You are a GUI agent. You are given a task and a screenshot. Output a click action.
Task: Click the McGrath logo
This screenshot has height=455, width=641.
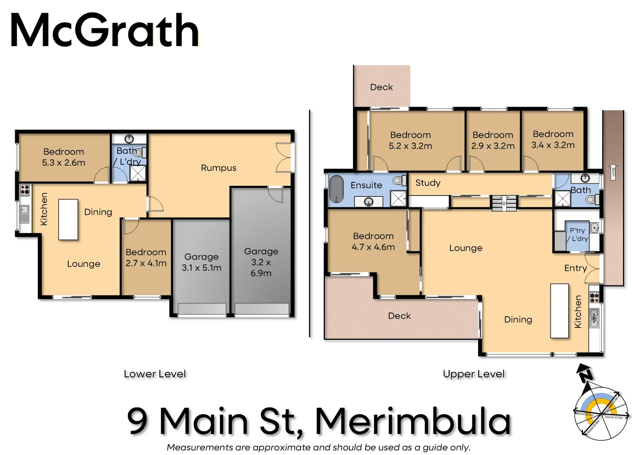tap(104, 30)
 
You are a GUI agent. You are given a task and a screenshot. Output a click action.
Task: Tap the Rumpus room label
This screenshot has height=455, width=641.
tap(218, 168)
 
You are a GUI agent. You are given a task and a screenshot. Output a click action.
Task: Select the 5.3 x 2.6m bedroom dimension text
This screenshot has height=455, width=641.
tap(64, 163)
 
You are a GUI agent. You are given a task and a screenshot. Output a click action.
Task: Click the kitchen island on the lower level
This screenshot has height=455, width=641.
tap(68, 219)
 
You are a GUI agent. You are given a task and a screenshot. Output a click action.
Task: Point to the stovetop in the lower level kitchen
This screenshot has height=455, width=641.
tap(25, 190)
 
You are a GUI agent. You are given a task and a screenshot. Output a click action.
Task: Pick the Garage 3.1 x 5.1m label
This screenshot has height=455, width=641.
tap(202, 262)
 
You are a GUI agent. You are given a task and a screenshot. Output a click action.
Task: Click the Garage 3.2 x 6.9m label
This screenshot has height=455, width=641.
tap(261, 262)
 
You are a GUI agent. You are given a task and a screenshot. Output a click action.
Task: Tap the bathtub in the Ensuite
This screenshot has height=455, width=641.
tap(337, 189)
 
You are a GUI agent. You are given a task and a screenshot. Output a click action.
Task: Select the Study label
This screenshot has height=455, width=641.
tap(428, 183)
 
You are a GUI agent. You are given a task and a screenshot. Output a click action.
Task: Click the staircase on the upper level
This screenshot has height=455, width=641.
tap(504, 203)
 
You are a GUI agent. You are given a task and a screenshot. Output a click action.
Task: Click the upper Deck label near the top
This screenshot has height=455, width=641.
tap(381, 87)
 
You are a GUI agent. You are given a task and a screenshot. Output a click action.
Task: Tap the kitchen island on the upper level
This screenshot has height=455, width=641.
tap(560, 311)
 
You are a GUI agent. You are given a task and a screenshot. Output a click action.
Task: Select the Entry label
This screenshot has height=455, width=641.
tap(575, 268)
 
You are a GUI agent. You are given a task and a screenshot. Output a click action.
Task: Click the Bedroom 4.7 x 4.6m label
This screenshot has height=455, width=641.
tap(373, 241)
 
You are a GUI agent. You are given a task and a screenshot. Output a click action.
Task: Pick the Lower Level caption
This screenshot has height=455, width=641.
tap(155, 374)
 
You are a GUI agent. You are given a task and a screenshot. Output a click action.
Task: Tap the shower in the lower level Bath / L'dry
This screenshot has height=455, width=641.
tap(137, 173)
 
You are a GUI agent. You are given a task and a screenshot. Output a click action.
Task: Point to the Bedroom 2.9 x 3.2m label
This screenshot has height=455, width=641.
tap(493, 140)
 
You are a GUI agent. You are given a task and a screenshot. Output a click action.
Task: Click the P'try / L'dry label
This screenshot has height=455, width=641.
tap(578, 234)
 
